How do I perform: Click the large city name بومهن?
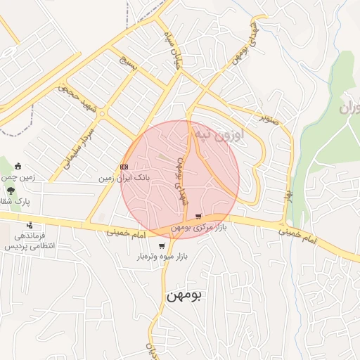[184, 295]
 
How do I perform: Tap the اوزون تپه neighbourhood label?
[221, 134]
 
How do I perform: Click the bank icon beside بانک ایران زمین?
[124, 167]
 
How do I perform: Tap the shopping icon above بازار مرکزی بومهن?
[198, 217]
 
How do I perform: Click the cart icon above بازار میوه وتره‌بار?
[162, 246]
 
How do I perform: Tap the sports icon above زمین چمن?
[18, 167]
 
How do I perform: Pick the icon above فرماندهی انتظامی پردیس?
[27, 225]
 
